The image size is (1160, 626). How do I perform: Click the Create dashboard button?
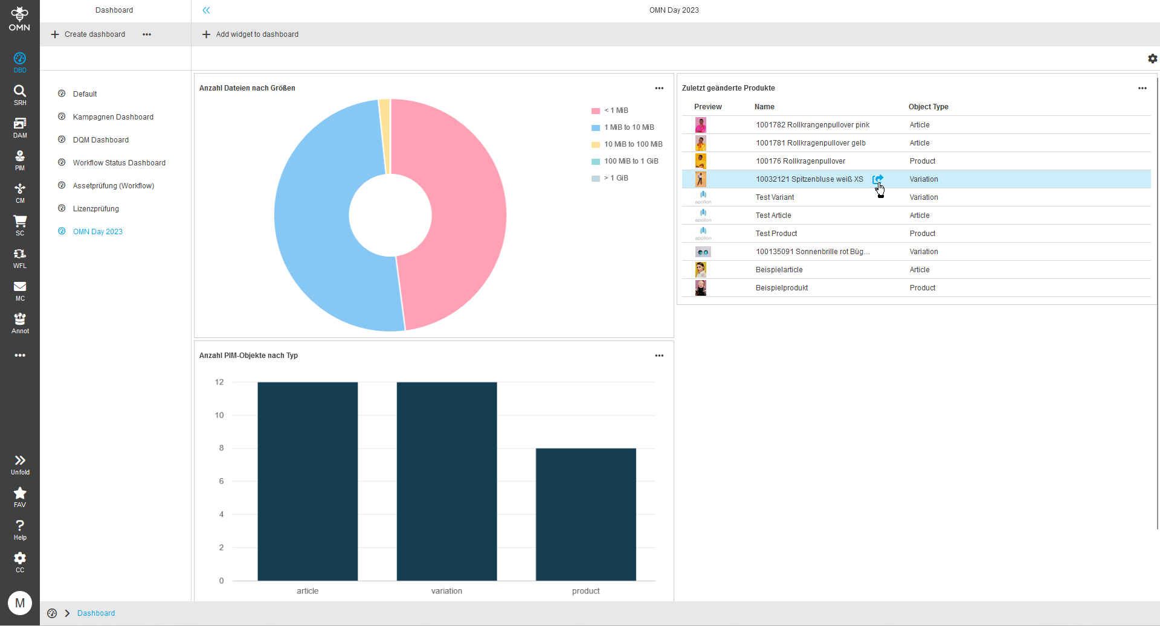pos(89,34)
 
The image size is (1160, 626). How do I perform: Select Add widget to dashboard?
pos(250,34)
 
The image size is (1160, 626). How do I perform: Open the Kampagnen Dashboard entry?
pos(113,117)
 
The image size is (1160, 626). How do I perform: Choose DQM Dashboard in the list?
pos(100,140)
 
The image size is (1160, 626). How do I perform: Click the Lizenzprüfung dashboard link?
pos(95,209)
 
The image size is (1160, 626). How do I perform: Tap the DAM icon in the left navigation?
pos(20,127)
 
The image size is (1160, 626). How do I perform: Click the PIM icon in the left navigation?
pos(20,160)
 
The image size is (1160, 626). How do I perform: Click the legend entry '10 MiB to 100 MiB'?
pos(633,144)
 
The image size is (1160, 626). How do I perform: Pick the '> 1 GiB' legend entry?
pos(616,178)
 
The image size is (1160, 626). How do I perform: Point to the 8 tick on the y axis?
pos(221,448)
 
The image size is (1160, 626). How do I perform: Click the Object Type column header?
pos(928,107)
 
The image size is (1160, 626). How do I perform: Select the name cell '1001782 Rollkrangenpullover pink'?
pos(813,125)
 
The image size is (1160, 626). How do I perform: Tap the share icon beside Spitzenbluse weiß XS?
pos(878,179)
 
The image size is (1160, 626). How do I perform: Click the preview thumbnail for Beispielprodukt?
pos(701,288)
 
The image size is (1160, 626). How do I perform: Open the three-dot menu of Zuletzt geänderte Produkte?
pos(1142,88)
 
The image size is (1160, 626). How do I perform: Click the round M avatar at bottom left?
pos(20,602)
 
